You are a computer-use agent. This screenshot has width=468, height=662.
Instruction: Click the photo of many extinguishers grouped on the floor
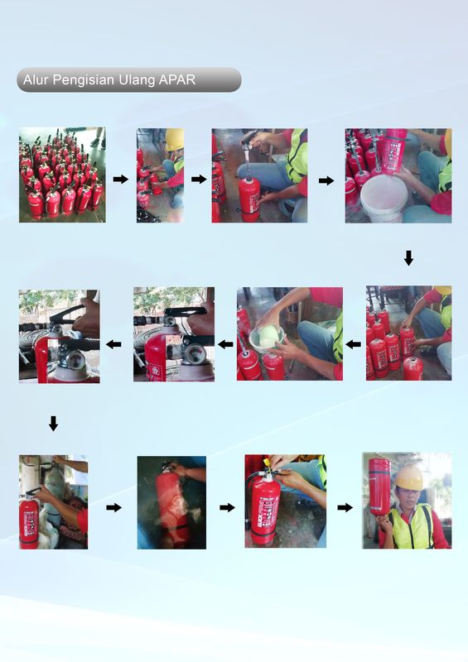point(62,175)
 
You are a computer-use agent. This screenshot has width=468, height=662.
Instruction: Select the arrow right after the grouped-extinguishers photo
point(121,179)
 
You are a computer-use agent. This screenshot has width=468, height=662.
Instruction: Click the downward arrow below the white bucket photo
point(408,259)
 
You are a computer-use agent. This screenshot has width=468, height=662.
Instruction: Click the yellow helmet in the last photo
point(408,477)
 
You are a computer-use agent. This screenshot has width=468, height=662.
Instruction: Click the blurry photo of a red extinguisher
point(171,502)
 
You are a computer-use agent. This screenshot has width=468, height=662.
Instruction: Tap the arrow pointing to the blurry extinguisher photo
point(114,506)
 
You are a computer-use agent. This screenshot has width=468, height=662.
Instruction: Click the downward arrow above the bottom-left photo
point(53,424)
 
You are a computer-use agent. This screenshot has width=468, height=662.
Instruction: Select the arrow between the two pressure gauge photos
point(115,343)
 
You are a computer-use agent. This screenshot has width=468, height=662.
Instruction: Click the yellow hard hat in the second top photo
point(174,139)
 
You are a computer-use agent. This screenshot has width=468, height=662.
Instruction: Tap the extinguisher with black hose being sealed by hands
point(266,505)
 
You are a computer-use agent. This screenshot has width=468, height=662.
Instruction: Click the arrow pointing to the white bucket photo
point(326,180)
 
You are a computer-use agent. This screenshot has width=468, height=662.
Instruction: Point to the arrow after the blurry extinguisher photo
point(227,506)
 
